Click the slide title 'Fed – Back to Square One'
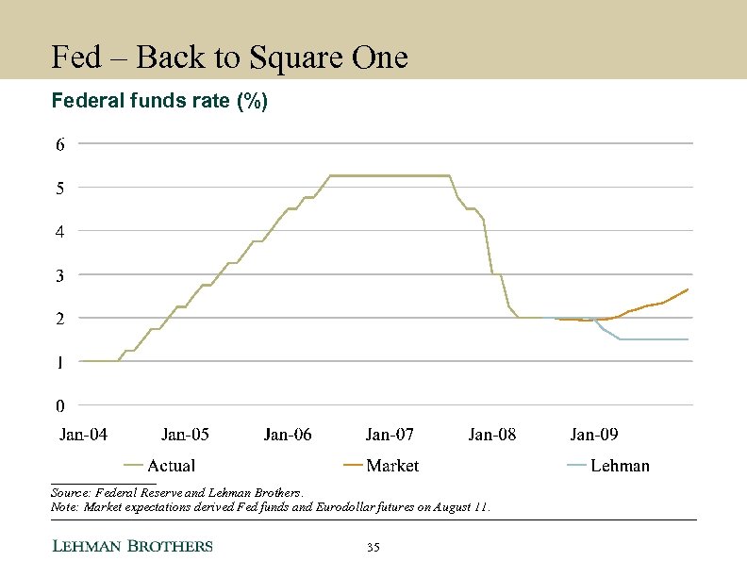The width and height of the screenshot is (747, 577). tap(229, 58)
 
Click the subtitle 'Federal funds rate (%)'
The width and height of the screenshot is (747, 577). tap(159, 101)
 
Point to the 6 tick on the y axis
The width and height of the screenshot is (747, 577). tap(59, 144)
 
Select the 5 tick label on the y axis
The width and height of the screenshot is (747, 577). tap(59, 188)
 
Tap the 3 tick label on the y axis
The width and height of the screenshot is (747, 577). tap(59, 274)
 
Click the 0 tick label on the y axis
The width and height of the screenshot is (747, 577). tap(59, 406)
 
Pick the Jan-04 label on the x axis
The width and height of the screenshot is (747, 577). tap(83, 435)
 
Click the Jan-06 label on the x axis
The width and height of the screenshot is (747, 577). tap(288, 435)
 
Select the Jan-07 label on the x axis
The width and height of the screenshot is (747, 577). tap(390, 435)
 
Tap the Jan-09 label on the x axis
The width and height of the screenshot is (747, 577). tap(594, 435)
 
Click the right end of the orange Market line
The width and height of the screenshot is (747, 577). tap(688, 289)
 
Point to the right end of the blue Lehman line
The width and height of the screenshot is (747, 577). tap(688, 339)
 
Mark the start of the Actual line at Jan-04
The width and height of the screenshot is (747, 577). tap(81, 361)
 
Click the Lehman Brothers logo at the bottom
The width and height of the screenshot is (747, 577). tap(131, 546)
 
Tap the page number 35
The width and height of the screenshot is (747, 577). tap(373, 548)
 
